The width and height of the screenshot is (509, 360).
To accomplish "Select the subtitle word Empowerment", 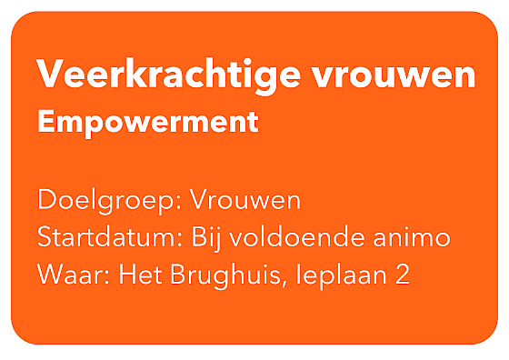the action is pyautogui.click(x=148, y=123).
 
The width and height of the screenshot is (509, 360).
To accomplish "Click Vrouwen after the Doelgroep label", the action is pyautogui.click(x=245, y=200).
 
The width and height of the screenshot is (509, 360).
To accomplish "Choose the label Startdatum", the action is pyautogui.click(x=107, y=236).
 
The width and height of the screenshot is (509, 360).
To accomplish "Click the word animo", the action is pyautogui.click(x=412, y=237).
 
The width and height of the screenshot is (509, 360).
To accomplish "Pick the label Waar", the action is pyautogui.click(x=71, y=275).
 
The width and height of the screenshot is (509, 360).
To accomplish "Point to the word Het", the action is pyautogui.click(x=140, y=275).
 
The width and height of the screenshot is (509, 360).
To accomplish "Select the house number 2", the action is pyautogui.click(x=403, y=275).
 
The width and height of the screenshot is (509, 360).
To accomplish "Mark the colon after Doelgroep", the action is pyautogui.click(x=178, y=203).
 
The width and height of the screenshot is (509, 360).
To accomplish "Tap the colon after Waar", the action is pyautogui.click(x=107, y=277).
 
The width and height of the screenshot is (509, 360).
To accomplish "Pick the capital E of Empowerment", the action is pyautogui.click(x=45, y=121).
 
